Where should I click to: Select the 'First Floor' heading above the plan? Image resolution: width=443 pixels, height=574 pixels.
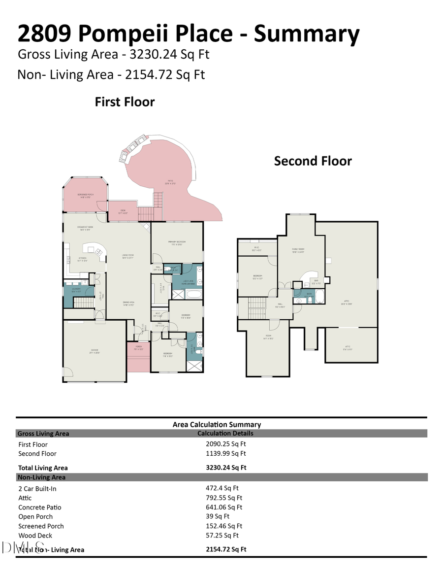[x=125, y=102]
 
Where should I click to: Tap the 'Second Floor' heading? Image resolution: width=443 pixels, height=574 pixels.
[x=313, y=161]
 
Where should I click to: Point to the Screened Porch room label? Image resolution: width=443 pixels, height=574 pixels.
[x=86, y=196]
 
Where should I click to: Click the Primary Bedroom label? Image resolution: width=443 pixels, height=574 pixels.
[x=177, y=243]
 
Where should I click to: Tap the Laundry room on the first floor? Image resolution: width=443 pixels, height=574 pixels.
[x=76, y=290]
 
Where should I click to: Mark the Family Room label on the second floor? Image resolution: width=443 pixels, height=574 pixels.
[x=298, y=250]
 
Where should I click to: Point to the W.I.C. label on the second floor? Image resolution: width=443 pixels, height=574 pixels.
[x=256, y=248]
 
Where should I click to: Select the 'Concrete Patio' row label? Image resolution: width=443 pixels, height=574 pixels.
[x=40, y=507]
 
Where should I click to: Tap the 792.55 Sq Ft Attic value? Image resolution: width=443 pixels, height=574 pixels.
[x=224, y=498]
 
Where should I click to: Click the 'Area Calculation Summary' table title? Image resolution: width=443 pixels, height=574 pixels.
[x=217, y=424]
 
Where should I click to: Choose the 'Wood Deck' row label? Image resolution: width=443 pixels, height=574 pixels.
[x=35, y=536]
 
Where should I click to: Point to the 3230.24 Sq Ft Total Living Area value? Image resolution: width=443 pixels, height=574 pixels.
[x=226, y=468]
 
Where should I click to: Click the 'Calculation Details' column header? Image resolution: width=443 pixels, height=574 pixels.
[x=225, y=434]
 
